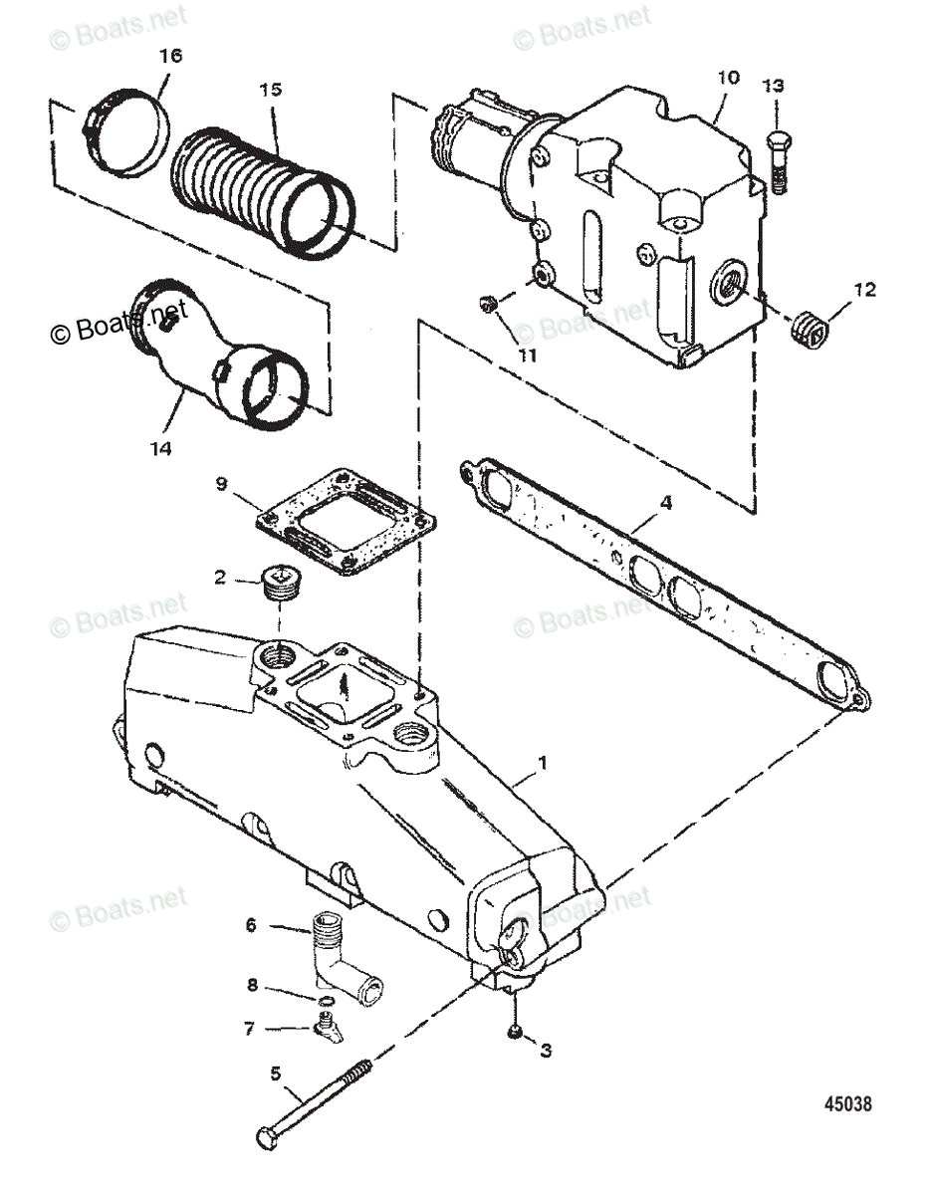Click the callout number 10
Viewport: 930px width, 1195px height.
[726, 77]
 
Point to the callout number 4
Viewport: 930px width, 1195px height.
[665, 504]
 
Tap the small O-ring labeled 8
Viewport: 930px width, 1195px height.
[325, 1001]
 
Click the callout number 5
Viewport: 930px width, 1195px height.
[276, 1073]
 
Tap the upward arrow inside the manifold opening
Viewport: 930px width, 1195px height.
[346, 686]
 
